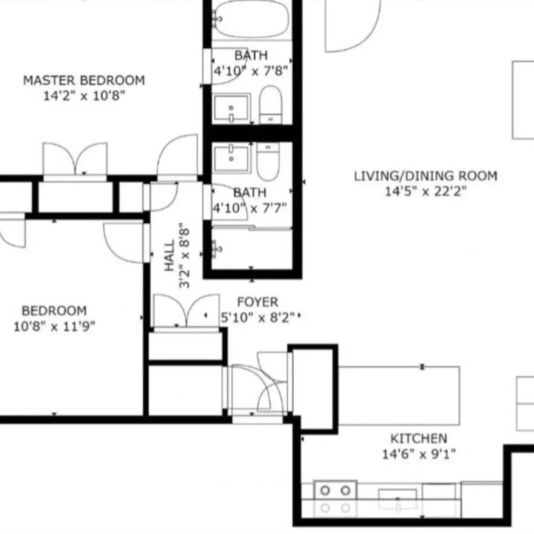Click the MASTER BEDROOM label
click(83, 81)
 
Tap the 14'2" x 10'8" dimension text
click(84, 96)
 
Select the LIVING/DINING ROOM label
click(426, 176)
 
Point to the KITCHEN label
click(419, 438)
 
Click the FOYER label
click(257, 302)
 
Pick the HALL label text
click(169, 255)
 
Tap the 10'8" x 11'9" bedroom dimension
click(54, 327)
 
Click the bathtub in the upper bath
click(251, 19)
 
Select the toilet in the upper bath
click(270, 105)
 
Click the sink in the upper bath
click(232, 108)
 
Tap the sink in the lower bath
click(232, 159)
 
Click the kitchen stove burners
click(335, 499)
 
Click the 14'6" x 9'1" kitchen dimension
click(419, 454)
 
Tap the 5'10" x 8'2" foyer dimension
click(258, 318)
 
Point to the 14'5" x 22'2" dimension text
click(426, 191)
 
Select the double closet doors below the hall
click(186, 311)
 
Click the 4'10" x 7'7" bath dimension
click(250, 207)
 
